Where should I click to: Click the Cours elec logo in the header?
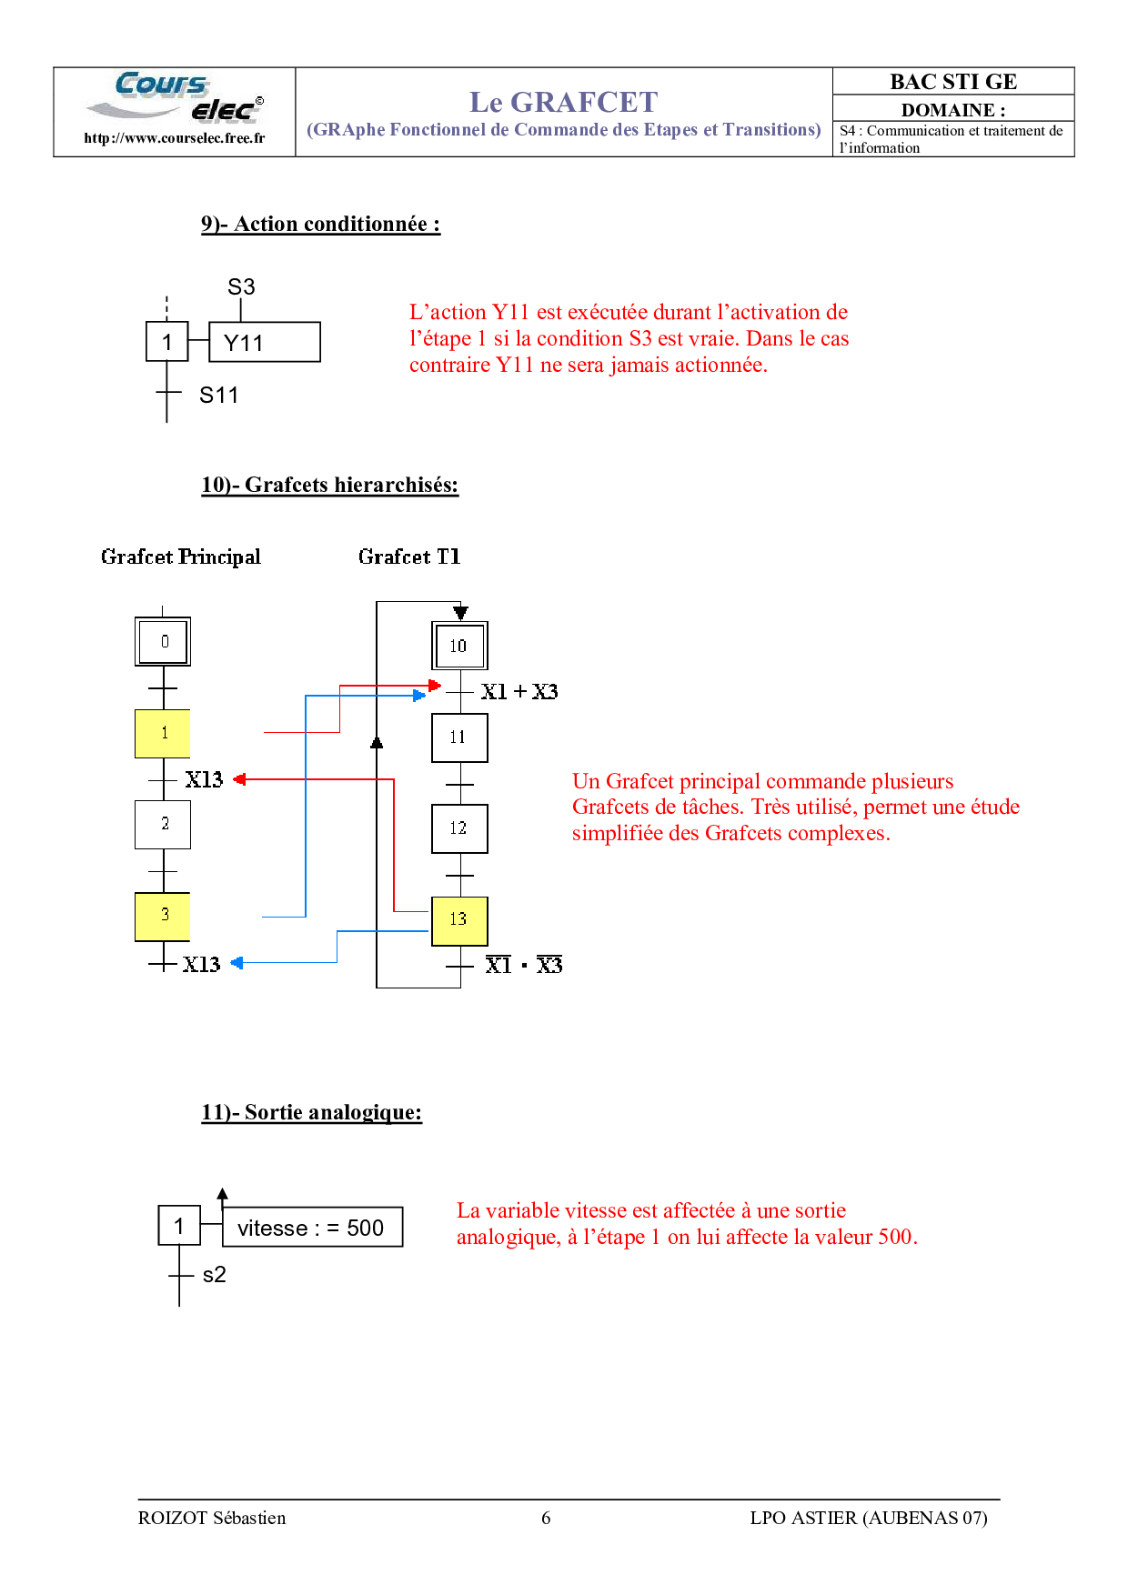[175, 96]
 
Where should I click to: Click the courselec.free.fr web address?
[175, 138]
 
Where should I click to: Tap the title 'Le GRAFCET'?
[563, 102]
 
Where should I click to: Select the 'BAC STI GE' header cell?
[953, 81]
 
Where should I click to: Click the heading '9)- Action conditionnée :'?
[321, 225]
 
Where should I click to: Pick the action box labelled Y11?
[265, 342]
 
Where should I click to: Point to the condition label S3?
[241, 286]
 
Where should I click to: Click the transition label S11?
[219, 395]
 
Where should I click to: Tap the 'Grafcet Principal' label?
[181, 557]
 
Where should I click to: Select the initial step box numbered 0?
[163, 641]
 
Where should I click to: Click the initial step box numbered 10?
[459, 646]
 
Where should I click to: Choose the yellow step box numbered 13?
[459, 921]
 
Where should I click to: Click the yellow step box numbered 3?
[163, 917]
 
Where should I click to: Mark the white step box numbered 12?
[459, 828]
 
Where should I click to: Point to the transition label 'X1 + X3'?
[519, 692]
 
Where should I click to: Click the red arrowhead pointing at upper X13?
[240, 779]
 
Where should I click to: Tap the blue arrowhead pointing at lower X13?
[237, 963]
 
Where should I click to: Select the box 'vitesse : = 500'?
[313, 1228]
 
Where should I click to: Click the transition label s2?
[215, 1275]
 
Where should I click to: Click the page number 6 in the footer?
[546, 1518]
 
